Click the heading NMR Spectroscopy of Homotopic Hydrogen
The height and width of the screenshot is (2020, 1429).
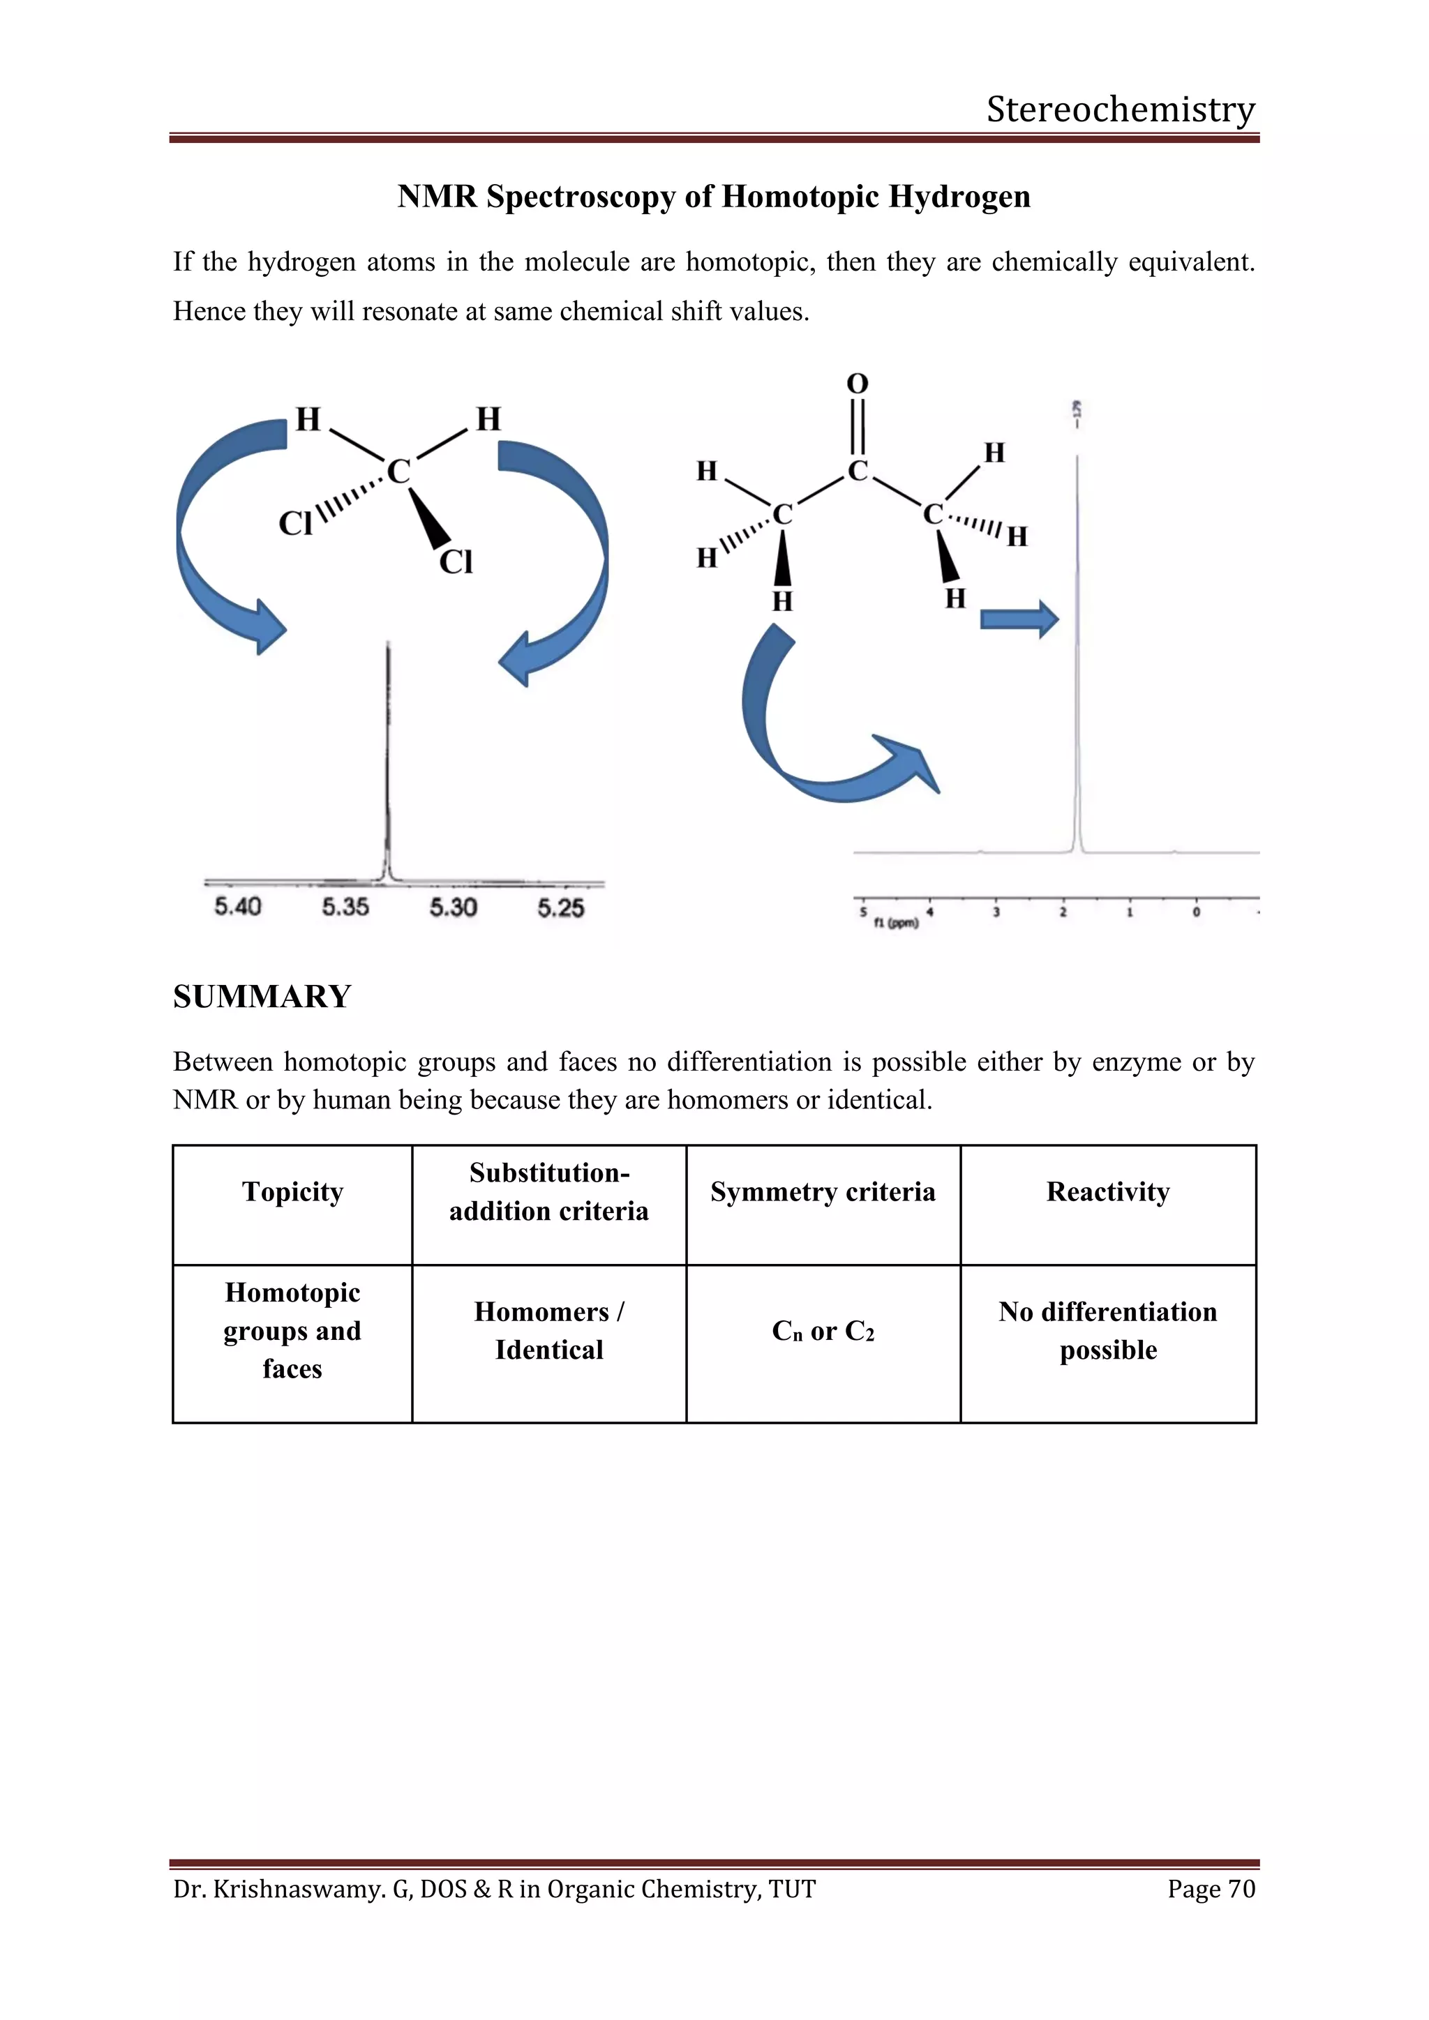point(714,196)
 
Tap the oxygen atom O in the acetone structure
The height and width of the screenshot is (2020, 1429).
point(857,384)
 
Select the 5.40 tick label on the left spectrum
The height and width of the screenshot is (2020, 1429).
point(237,907)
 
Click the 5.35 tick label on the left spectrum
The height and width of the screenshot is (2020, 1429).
point(345,907)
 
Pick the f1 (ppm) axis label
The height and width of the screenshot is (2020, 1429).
point(896,923)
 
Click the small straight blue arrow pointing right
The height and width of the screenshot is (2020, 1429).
point(1019,619)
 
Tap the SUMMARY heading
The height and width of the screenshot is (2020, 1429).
point(262,997)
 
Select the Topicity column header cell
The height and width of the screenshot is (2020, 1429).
point(292,1192)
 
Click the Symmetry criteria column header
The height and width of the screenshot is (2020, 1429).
point(823,1192)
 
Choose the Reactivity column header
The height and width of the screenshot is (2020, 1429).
point(1108,1192)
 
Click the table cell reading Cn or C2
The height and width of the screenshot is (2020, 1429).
point(823,1331)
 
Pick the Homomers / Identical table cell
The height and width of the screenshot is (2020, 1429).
point(549,1331)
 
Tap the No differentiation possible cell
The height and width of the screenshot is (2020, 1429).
point(1108,1331)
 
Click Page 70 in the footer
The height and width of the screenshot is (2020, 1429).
point(1211,1889)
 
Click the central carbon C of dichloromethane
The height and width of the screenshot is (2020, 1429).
point(398,472)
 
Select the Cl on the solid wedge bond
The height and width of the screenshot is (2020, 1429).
point(456,561)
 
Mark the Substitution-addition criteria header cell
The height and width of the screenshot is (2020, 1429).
point(549,1192)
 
